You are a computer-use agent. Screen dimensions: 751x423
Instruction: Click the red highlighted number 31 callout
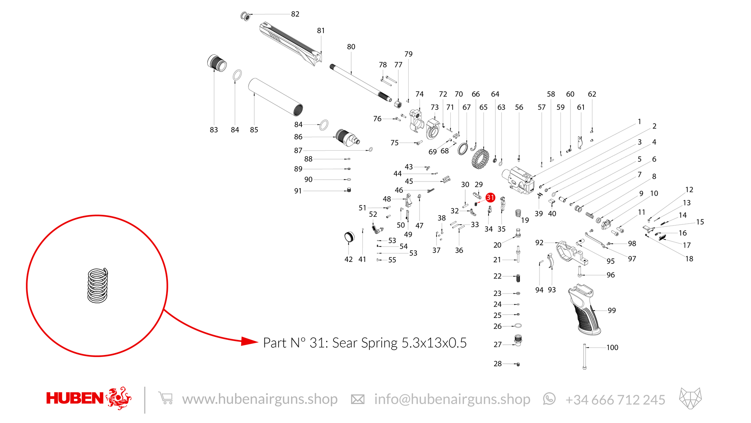[x=490, y=198]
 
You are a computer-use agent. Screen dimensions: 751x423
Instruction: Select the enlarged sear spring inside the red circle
[x=98, y=285]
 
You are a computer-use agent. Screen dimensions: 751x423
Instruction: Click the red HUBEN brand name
[x=75, y=398]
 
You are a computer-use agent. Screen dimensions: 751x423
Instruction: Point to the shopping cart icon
[x=166, y=398]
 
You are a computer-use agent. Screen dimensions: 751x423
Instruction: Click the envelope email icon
[x=358, y=399]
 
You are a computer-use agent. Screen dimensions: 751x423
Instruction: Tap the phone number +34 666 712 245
[x=615, y=400]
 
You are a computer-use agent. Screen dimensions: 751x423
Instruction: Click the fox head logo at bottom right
[x=690, y=398]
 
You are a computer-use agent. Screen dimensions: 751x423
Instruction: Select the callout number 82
[x=295, y=14]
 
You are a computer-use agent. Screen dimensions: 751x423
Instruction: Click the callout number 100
[x=612, y=348]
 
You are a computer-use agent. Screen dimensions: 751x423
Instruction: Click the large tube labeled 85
[x=276, y=97]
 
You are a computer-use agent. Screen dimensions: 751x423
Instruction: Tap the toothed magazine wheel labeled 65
[x=480, y=159]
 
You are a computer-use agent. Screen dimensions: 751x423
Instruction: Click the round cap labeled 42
[x=349, y=237]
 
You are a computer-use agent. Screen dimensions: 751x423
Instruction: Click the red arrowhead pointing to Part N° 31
[x=249, y=341]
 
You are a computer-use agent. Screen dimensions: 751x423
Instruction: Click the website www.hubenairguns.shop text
[x=260, y=399]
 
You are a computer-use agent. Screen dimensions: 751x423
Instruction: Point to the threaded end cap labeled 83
[x=217, y=63]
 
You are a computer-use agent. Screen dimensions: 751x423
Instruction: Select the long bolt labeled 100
[x=585, y=357]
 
